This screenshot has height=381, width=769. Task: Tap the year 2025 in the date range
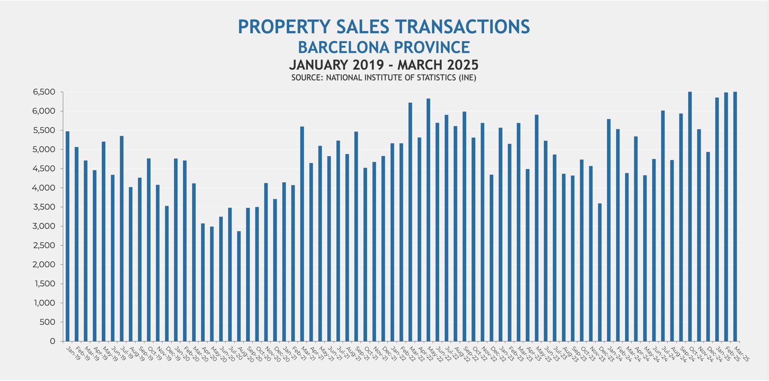462,65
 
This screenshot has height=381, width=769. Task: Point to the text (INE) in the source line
467,77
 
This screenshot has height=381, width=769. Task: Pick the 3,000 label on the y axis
45,226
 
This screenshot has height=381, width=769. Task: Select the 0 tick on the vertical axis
52,341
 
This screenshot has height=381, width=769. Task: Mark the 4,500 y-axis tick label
45,169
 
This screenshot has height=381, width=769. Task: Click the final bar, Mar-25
735,216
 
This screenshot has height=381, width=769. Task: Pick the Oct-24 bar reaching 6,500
690,216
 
